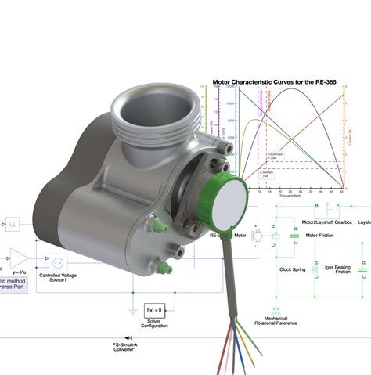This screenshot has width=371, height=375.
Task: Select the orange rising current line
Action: [313, 141]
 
